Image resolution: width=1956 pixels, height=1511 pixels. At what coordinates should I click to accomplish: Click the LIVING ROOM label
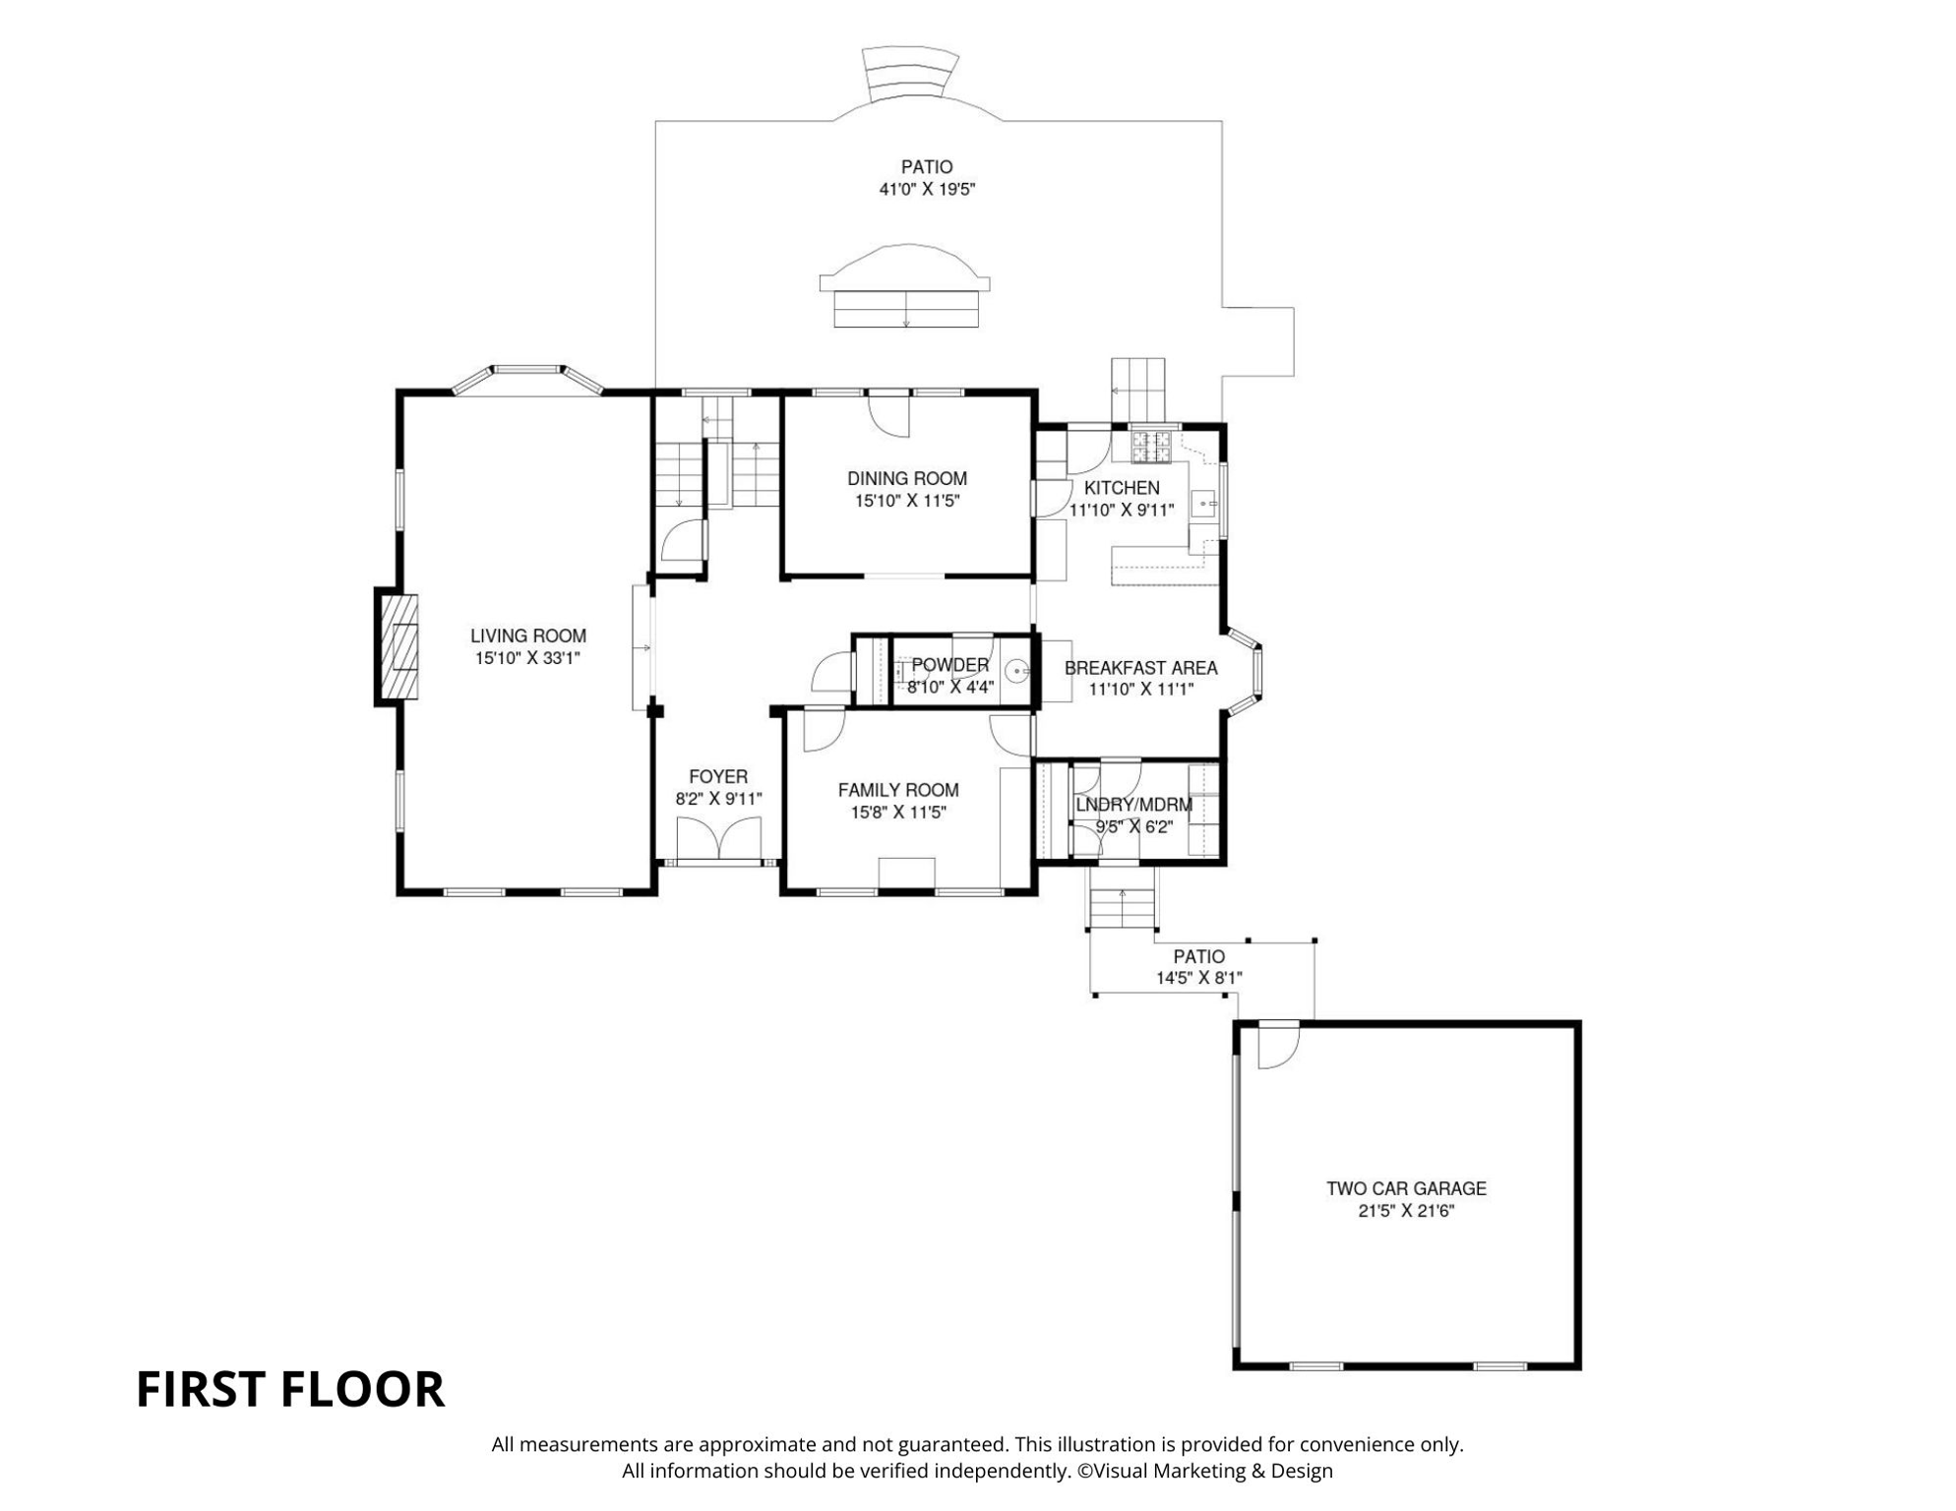pos(527,636)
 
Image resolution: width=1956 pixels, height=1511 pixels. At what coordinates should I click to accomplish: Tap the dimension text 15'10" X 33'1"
pos(527,659)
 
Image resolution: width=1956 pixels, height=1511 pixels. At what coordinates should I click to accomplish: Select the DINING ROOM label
pos(907,479)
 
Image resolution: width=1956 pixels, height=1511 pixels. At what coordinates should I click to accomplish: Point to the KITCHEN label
pos(1122,488)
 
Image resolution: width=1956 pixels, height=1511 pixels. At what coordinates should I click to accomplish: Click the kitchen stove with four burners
pos(1151,447)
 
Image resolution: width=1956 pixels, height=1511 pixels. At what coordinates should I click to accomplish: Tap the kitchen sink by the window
pos(1205,505)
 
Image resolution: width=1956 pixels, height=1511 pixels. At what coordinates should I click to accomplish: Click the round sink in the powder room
pos(1017,673)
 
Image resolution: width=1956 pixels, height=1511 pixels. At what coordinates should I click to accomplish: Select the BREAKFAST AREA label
pos(1141,668)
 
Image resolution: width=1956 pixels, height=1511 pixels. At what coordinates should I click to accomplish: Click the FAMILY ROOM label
pos(898,790)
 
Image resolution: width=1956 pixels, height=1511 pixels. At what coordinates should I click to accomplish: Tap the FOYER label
pos(718,777)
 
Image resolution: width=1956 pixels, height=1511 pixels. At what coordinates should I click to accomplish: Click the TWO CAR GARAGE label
pos(1406,1188)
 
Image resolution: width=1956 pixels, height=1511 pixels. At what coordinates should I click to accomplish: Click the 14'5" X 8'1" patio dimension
pos(1199,979)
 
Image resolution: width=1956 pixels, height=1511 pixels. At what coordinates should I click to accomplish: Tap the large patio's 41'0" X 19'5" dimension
pos(927,190)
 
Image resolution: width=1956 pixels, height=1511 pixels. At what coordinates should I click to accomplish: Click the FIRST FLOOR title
pos(290,1390)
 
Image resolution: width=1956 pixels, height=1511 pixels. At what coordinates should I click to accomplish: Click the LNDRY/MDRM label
pos(1133,805)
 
